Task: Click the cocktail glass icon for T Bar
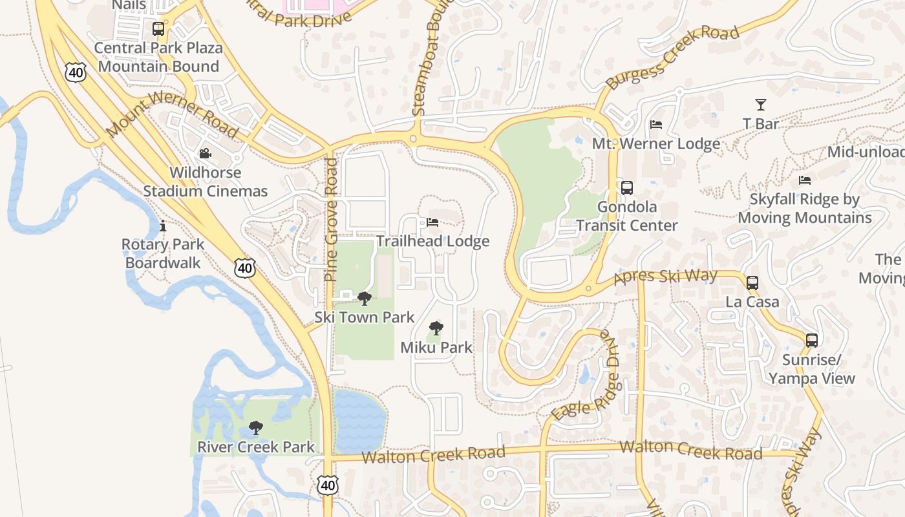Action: tap(760, 105)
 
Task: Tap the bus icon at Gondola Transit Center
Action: tap(626, 188)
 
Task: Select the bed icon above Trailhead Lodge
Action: tap(432, 222)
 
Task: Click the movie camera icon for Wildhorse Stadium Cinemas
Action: tap(205, 154)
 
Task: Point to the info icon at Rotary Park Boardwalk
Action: tap(163, 226)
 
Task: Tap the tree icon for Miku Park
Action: tap(436, 328)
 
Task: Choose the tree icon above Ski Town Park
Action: tap(365, 298)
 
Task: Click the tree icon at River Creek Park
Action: tap(256, 428)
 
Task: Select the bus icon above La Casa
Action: tap(752, 283)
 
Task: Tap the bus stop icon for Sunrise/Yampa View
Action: tap(811, 341)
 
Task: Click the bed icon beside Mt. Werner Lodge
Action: tap(656, 125)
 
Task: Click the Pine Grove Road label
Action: tap(331, 220)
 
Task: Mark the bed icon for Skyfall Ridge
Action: tap(804, 180)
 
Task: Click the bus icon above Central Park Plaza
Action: tap(158, 29)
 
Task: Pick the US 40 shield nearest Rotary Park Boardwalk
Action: tap(245, 268)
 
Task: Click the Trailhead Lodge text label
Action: tap(432, 242)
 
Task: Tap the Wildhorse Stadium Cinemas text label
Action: tap(205, 182)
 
